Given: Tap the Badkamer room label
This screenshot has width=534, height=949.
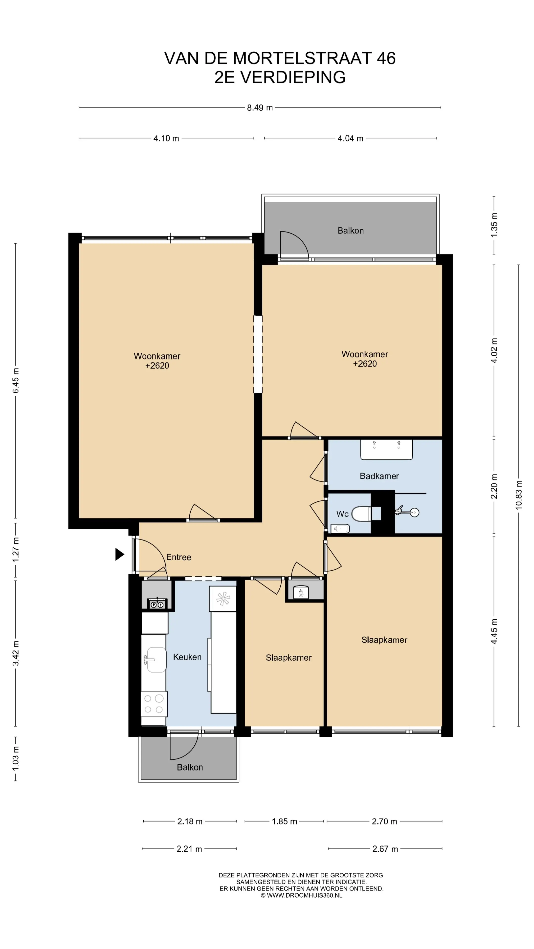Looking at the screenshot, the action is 379,476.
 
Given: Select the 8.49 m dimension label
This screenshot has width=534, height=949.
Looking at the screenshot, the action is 260,108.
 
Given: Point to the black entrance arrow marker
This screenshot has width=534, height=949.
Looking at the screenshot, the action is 120,554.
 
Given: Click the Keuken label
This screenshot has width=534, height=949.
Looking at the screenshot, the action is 187,657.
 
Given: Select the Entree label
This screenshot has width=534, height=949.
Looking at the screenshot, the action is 179,557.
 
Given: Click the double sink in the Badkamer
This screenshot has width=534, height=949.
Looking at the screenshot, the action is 386,450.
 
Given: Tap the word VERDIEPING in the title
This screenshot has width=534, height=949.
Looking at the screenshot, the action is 293,77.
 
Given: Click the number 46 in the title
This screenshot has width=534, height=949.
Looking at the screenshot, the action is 386,58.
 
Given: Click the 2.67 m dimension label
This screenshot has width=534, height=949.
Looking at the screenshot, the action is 385,849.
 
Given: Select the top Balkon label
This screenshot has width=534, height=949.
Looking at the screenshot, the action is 351,231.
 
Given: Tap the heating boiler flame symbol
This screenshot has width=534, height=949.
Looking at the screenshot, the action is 301,593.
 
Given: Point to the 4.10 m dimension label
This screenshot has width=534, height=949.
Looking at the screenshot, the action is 166,138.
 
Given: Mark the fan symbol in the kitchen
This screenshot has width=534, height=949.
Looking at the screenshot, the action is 223,599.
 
